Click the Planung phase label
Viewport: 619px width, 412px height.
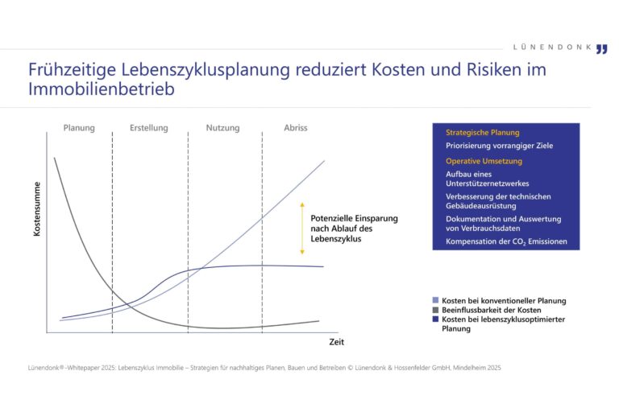(x=79, y=128)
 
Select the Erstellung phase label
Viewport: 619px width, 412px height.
(x=149, y=128)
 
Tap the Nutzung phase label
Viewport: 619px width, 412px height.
(x=222, y=128)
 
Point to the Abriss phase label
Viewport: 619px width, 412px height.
(x=295, y=128)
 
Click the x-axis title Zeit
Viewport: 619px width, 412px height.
(x=336, y=343)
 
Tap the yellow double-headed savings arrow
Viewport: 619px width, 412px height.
(x=302, y=228)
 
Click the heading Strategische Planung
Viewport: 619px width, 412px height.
(x=482, y=132)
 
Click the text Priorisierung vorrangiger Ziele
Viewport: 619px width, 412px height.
(x=499, y=146)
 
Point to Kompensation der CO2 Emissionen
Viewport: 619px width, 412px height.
(x=506, y=241)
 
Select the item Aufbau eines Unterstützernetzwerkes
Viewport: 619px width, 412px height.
(x=486, y=178)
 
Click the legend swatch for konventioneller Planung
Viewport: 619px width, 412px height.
(x=436, y=300)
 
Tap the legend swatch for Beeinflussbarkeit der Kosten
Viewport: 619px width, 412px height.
(x=436, y=310)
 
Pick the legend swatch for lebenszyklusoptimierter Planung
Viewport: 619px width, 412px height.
(x=436, y=319)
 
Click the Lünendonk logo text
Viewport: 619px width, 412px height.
(x=552, y=47)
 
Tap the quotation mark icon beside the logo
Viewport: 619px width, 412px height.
(x=601, y=48)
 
